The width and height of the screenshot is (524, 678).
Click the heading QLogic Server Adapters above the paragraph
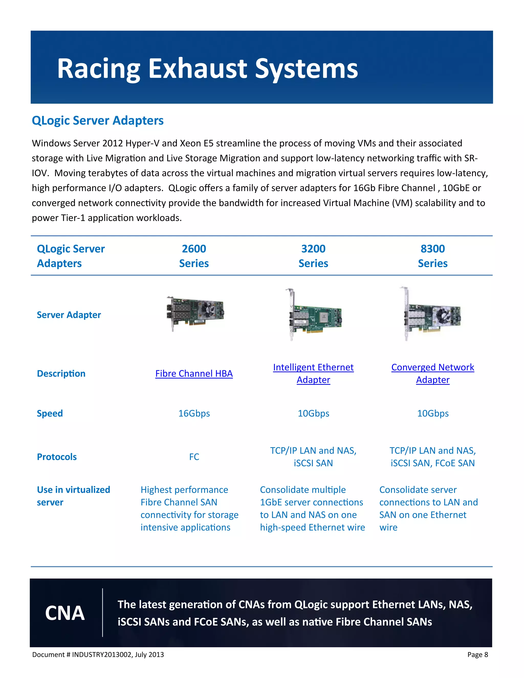point(97,121)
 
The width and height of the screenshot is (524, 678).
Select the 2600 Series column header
point(194,256)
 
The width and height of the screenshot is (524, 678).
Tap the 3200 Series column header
point(313,256)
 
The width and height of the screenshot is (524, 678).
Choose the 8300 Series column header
point(432,256)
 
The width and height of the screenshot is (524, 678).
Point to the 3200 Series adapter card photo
point(313,315)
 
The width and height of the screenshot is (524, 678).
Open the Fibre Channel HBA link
point(194,374)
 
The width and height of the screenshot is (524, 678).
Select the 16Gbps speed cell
point(194,413)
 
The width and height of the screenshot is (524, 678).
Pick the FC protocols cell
point(194,457)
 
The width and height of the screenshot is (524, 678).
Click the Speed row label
point(50,413)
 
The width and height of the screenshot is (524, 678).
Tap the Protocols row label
point(57,457)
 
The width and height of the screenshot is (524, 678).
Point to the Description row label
point(61,374)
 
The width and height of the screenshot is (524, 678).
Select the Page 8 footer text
point(477,654)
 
